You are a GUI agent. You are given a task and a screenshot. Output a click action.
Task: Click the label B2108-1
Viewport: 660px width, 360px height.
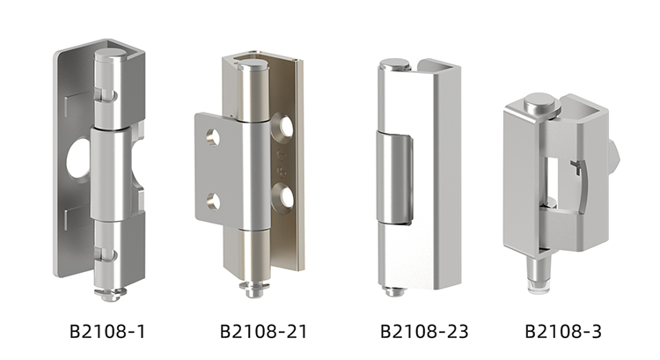click(107, 331)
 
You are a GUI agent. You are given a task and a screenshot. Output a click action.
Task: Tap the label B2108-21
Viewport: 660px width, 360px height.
click(263, 331)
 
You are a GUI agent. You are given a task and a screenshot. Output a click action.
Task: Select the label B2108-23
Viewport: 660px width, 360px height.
click(424, 331)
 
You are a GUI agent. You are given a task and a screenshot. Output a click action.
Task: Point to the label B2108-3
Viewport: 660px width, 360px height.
click(563, 331)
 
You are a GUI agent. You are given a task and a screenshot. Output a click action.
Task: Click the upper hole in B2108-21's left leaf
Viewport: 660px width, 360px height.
click(213, 137)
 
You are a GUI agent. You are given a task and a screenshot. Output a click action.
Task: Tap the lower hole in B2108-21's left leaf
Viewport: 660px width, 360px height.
click(213, 202)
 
